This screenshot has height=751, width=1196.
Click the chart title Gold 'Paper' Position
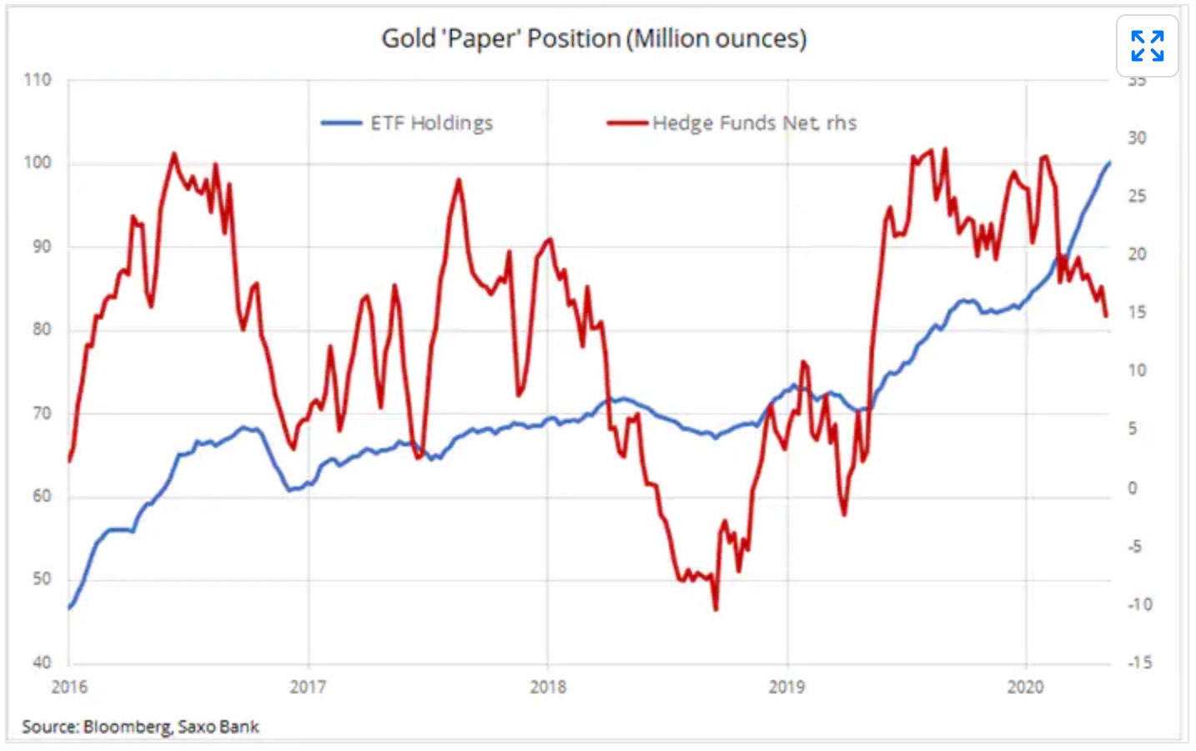click(594, 38)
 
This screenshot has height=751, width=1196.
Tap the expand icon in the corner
click(1147, 46)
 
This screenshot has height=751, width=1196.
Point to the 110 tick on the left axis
click(38, 80)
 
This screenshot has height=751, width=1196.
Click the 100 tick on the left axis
click(38, 163)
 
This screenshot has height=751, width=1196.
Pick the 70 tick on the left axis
click(42, 413)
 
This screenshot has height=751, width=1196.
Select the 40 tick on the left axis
click(42, 663)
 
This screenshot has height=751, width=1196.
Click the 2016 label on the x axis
click(69, 687)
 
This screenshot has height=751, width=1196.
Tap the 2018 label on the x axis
click(548, 687)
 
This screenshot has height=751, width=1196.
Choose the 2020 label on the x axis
click(1025, 687)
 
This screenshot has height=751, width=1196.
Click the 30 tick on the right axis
click(1137, 139)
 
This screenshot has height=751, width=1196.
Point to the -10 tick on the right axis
click(1139, 604)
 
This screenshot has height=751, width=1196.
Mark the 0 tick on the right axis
click(1133, 488)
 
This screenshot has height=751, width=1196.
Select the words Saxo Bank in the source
click(219, 727)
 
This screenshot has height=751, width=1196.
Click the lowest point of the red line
click(716, 610)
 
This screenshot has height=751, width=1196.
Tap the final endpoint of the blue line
click(1110, 162)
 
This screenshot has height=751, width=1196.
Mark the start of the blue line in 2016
click(69, 607)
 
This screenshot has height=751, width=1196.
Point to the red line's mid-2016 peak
click(173, 154)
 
